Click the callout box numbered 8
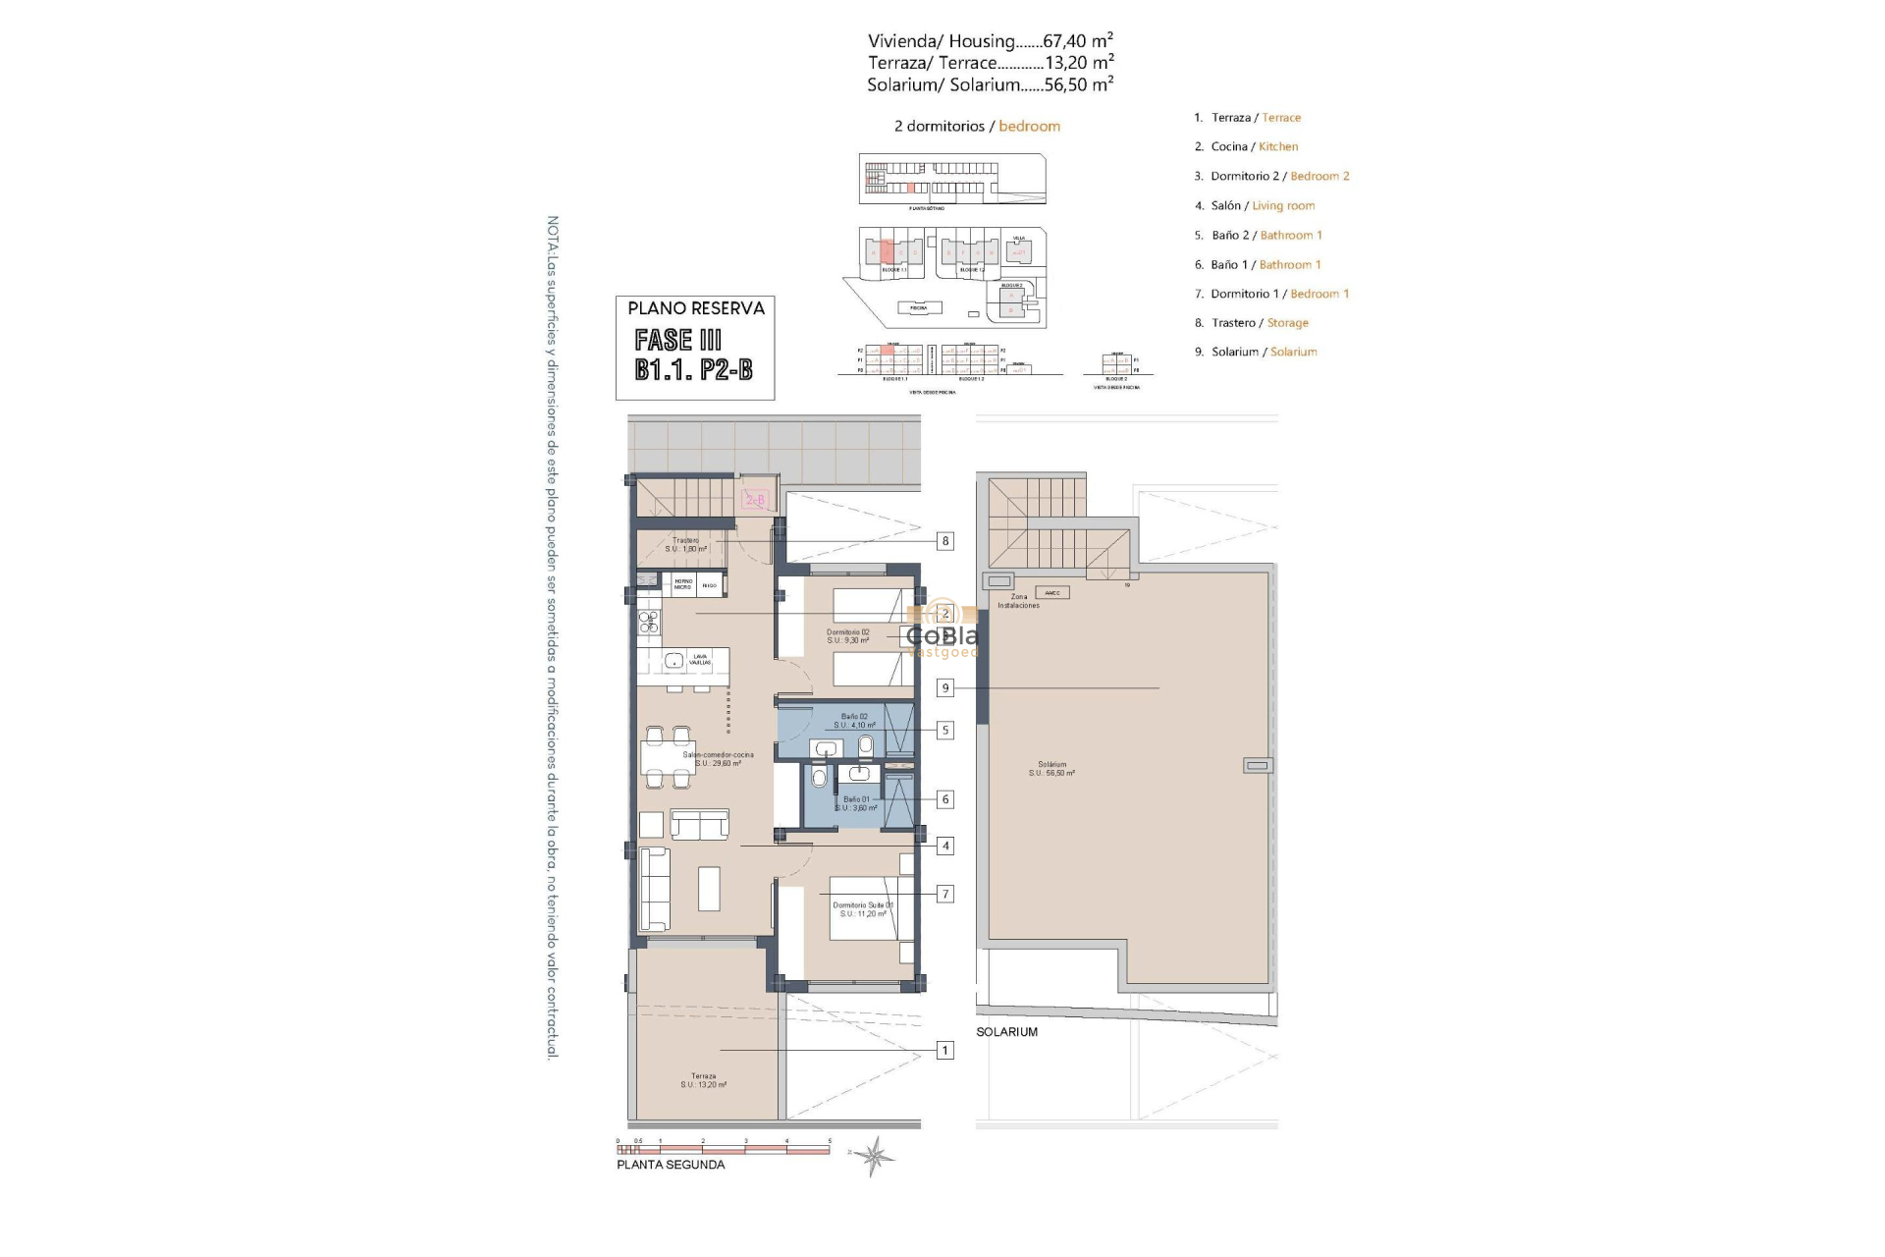(944, 541)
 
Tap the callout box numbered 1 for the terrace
(944, 1051)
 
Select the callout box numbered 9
(944, 688)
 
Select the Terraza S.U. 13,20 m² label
(703, 1080)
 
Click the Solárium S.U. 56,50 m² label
(1051, 768)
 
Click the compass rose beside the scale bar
(873, 1156)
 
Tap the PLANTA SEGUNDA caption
(671, 1165)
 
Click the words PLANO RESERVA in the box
(695, 308)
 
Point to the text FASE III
(677, 341)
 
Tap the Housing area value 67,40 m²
(1077, 41)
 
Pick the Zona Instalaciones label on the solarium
(1018, 601)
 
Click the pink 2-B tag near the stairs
(755, 500)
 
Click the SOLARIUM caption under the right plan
(1006, 1032)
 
